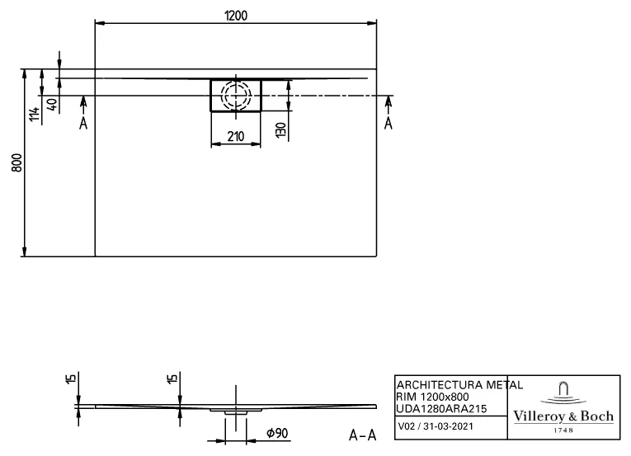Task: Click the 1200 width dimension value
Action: point(236,16)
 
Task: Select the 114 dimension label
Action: point(34,115)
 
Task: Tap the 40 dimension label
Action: point(52,106)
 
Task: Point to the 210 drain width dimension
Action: point(235,136)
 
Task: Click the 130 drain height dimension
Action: point(280,129)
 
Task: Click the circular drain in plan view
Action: point(236,95)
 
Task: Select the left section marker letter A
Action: point(83,123)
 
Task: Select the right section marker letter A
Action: point(388,123)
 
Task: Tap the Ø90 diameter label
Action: point(276,434)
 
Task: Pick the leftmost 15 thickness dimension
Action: point(71,380)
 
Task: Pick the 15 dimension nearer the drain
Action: point(172,380)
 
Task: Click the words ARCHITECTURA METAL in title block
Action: point(459,385)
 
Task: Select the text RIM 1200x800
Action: point(433,397)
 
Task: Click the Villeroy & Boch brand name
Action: point(564,416)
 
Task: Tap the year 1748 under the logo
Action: point(564,431)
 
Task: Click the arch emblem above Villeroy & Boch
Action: point(564,392)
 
